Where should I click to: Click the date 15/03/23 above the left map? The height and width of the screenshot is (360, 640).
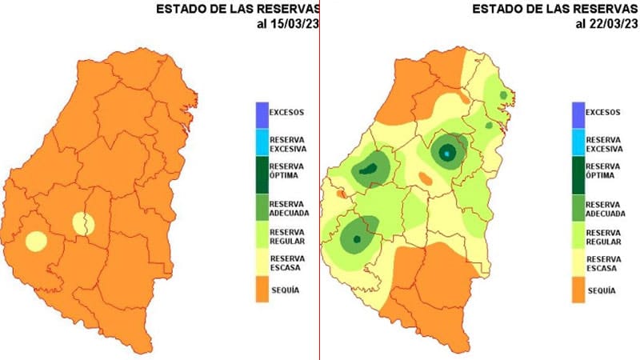[285, 24]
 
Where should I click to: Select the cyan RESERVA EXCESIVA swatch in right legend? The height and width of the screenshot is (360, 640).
[579, 142]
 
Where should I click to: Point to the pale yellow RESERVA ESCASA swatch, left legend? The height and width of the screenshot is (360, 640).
[263, 263]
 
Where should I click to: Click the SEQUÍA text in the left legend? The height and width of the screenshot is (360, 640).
[285, 290]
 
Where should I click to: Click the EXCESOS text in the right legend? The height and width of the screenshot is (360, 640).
[603, 112]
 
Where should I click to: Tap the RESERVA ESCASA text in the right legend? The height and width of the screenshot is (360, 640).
[605, 264]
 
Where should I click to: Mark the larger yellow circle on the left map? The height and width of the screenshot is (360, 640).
[36, 240]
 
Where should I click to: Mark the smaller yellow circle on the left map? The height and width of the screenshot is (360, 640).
[84, 224]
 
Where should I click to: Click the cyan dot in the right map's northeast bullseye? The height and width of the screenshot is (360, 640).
[446, 152]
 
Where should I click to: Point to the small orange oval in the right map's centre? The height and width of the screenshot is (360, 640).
[426, 181]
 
